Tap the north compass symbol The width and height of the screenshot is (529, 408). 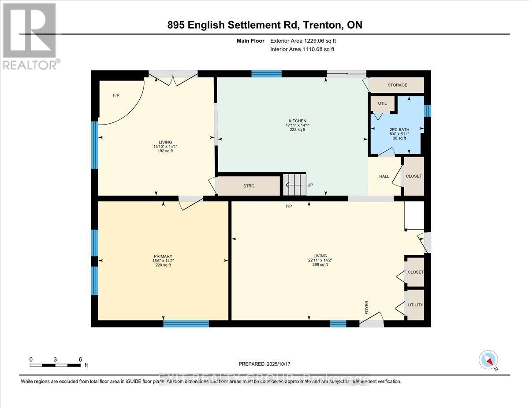click(x=488, y=360)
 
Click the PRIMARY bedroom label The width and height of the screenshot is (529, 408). click(x=163, y=256)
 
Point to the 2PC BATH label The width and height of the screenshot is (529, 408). click(x=399, y=129)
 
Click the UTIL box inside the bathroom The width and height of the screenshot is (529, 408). click(x=382, y=103)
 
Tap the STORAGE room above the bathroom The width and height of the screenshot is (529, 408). click(x=397, y=85)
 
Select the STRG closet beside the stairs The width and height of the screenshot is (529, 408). click(x=249, y=186)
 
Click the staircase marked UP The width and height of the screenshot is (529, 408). click(x=294, y=185)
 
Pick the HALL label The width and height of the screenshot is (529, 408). click(x=384, y=176)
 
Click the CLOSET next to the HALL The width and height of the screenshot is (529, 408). click(x=414, y=176)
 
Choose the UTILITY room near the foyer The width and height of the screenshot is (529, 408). click(x=415, y=305)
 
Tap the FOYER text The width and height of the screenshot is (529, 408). click(x=366, y=306)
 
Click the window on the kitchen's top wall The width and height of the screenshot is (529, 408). click(x=266, y=74)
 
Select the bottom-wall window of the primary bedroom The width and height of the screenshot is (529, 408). click(x=186, y=323)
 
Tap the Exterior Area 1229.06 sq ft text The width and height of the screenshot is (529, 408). click(x=306, y=40)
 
